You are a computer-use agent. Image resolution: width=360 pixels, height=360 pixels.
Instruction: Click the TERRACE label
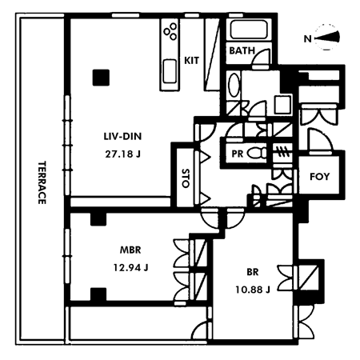(42, 182)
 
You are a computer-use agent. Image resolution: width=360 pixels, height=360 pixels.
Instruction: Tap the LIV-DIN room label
(122, 137)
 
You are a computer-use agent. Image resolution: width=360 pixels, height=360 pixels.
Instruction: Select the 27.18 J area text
(122, 154)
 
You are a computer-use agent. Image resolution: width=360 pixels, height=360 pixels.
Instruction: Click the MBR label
(130, 250)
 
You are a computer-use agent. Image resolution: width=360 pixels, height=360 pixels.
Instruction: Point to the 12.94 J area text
(130, 267)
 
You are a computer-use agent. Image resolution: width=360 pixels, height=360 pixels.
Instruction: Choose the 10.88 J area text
(253, 290)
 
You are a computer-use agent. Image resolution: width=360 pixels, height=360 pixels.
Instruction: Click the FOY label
(319, 176)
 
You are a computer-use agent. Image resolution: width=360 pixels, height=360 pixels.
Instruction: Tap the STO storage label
(186, 178)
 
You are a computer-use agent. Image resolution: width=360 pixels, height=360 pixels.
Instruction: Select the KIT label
(191, 61)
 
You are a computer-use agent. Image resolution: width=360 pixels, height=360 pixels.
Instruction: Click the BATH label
(242, 50)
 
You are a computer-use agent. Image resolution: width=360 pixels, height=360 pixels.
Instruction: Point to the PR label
(237, 154)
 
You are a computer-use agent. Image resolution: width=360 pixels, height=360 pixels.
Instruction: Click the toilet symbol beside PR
(257, 154)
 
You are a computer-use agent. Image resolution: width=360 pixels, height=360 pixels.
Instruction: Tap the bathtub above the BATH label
(249, 30)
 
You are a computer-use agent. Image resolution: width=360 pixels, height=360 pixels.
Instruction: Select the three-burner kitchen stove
(170, 31)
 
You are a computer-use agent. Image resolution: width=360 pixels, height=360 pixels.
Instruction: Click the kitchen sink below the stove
(170, 71)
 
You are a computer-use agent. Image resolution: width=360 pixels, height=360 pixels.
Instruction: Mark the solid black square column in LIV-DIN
(101, 78)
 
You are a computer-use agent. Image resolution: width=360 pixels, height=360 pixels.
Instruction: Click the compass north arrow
(327, 38)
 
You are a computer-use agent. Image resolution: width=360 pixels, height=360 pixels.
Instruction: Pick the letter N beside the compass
(307, 39)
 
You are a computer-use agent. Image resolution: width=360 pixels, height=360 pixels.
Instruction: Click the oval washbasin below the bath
(234, 85)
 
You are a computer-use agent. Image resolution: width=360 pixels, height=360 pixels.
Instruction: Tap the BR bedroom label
(253, 272)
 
